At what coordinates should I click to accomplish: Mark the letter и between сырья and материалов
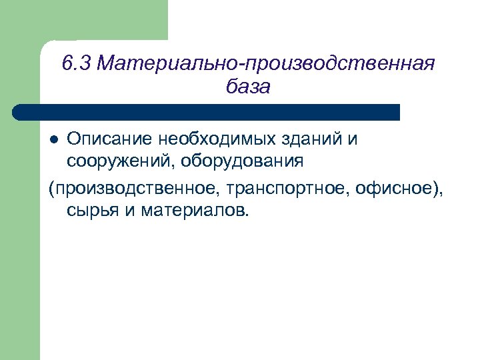click(x=127, y=211)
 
